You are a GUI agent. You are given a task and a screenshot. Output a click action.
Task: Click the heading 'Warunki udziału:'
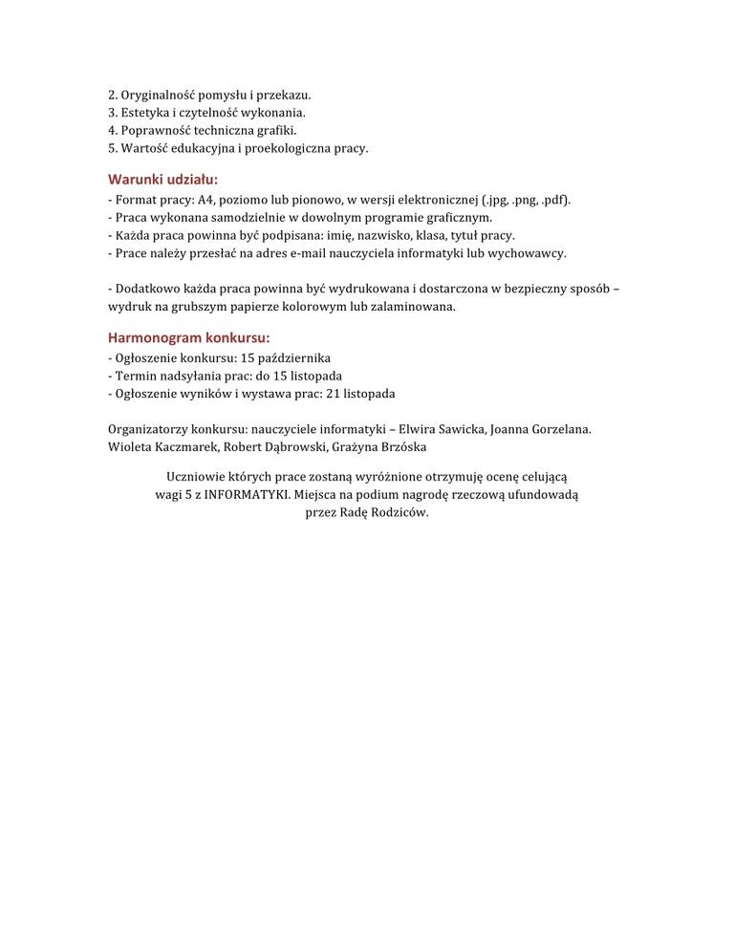tap(162, 179)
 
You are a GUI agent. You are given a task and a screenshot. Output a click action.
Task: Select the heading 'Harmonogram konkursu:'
tap(188, 337)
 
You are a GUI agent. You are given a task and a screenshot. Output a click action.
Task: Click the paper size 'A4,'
tap(208, 201)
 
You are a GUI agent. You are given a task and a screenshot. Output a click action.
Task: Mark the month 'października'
tap(295, 358)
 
